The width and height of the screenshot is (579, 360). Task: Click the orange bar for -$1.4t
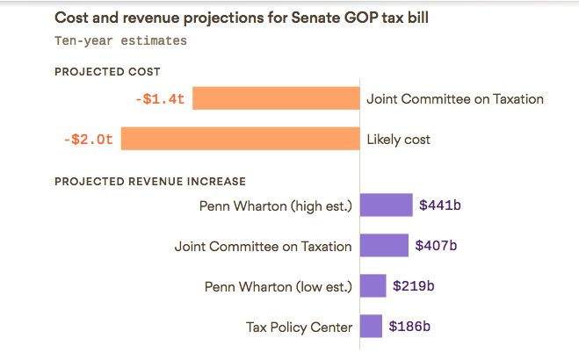tap(276, 98)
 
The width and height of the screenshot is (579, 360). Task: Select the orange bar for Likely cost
tap(240, 139)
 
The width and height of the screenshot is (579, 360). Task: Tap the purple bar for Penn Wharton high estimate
tap(387, 205)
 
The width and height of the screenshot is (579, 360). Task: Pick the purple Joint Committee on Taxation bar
tap(385, 246)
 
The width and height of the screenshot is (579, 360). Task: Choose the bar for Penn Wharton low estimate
tap(373, 286)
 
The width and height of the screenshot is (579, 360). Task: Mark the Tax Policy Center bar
tap(372, 327)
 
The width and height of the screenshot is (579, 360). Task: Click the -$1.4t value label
tap(160, 99)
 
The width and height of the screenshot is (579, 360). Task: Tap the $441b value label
tap(440, 205)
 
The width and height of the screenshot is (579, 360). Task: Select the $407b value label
tap(436, 246)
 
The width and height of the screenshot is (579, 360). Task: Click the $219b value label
tap(414, 286)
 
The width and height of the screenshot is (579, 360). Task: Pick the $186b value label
tap(410, 327)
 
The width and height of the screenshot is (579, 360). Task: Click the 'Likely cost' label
tap(398, 140)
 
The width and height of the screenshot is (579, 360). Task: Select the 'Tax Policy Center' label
tap(299, 328)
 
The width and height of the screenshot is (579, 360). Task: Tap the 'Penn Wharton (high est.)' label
tap(276, 206)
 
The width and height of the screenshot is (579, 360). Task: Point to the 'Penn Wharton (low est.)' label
tap(278, 287)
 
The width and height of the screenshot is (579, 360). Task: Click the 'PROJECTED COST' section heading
tap(107, 72)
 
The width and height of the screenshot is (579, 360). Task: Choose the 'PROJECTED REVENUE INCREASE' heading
tap(150, 182)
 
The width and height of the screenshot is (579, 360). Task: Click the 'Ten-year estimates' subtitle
tap(120, 40)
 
